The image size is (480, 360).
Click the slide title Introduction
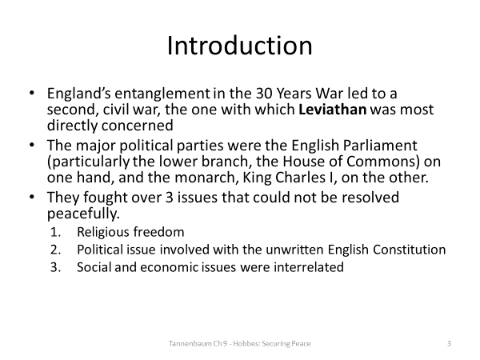click(239, 46)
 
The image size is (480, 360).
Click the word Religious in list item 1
click(103, 232)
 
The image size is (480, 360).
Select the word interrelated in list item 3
click(308, 267)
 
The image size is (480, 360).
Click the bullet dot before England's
click(31, 93)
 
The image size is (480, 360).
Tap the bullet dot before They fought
click(31, 197)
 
